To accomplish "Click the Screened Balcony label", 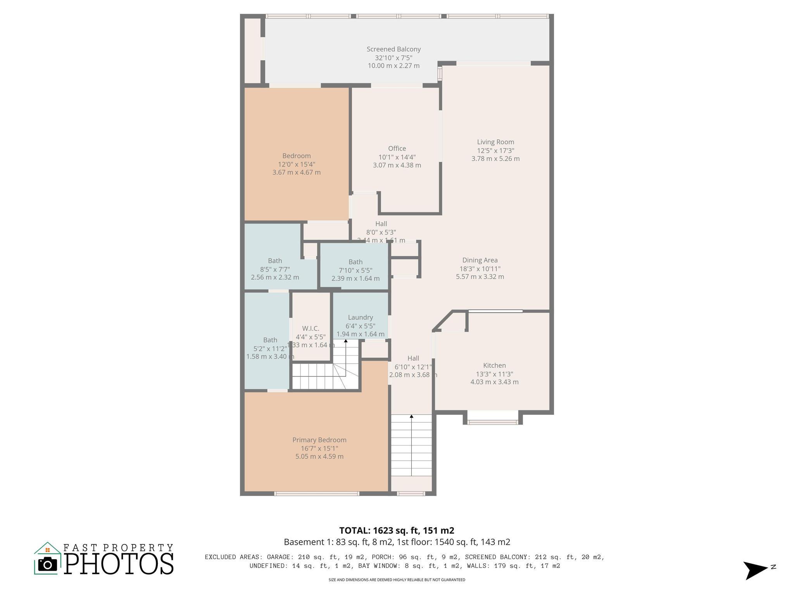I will (394, 49).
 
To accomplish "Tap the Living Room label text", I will (495, 142).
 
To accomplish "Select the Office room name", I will (397, 149).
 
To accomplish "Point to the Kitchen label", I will (494, 366).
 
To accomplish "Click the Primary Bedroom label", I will (319, 440).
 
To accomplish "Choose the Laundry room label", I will (360, 317).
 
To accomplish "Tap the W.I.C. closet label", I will (311, 329).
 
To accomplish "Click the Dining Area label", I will (480, 260).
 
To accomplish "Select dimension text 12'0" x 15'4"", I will (296, 164).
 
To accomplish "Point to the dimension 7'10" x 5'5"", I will (356, 270).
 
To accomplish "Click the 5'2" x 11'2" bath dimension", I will (270, 348).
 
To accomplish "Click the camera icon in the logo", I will (48, 564).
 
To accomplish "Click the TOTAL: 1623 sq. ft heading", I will (396, 530).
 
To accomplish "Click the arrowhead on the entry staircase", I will (411, 417).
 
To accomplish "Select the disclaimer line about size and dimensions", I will (396, 580).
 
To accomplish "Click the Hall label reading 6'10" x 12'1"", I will (413, 367).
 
